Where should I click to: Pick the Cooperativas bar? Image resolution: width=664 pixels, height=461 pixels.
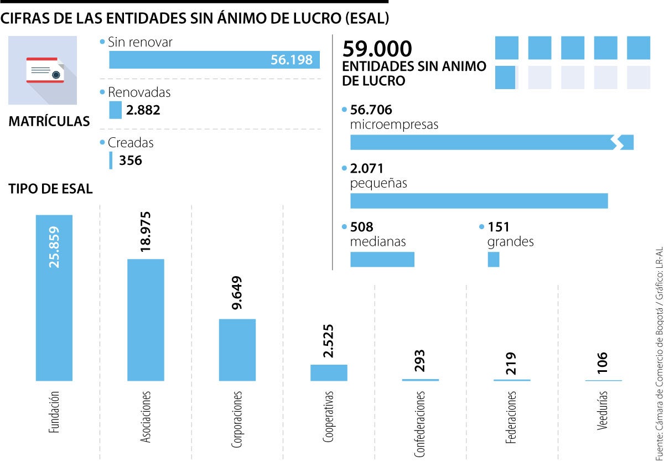point(329,372)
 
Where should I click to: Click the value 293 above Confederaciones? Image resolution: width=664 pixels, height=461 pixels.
point(419,361)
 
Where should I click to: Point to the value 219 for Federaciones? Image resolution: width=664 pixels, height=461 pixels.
point(511,363)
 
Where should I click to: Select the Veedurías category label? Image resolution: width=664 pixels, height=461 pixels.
point(603,411)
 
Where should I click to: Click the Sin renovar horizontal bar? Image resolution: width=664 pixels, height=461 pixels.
point(214,60)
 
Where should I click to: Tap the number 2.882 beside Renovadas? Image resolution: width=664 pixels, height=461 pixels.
point(143,110)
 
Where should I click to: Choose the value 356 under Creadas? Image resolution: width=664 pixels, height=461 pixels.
point(131,160)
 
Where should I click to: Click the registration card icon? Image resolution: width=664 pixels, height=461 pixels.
point(45,70)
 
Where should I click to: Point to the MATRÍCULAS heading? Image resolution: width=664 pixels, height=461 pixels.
point(49,122)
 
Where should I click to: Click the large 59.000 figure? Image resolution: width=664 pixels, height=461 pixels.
point(377,49)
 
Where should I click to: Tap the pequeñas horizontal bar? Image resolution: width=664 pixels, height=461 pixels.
point(479,201)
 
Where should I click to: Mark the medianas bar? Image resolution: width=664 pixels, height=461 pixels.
point(382,259)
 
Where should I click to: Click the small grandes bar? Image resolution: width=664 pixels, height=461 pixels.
point(493,259)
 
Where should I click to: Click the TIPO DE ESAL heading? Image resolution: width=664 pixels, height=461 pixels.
point(50,189)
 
